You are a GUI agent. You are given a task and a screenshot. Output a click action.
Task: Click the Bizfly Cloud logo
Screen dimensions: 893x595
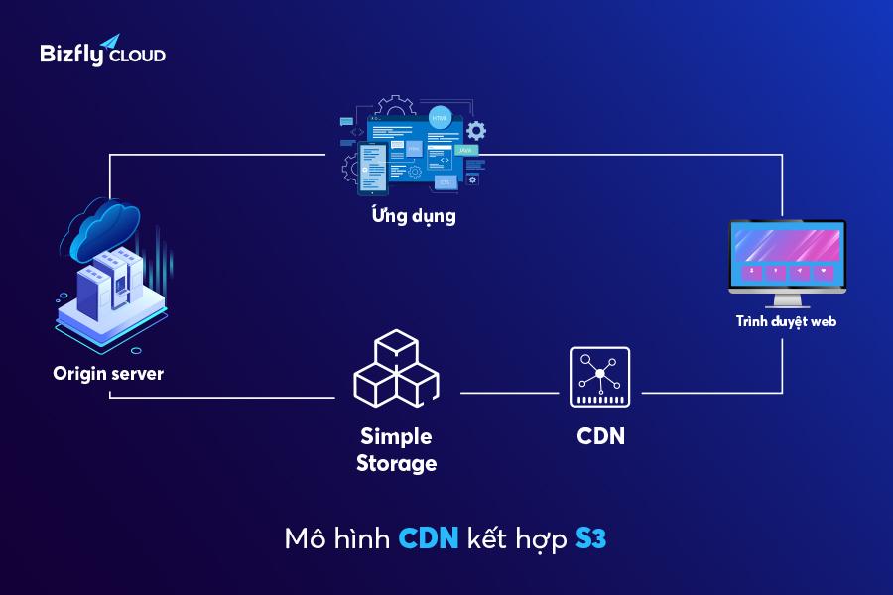click(102, 51)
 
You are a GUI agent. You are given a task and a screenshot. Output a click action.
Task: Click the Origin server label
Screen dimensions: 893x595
click(108, 374)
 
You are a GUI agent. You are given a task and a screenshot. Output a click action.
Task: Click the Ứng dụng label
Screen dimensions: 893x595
click(414, 215)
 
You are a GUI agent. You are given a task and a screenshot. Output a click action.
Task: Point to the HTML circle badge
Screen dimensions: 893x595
click(440, 118)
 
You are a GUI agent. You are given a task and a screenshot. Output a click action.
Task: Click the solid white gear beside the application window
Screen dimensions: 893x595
click(476, 131)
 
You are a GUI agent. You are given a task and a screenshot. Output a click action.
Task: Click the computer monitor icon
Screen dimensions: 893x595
click(788, 263)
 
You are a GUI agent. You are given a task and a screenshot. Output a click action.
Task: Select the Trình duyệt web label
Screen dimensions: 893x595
click(787, 321)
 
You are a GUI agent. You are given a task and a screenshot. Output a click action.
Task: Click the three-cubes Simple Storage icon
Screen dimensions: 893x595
click(396, 368)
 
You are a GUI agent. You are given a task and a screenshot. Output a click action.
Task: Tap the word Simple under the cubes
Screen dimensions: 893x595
click(396, 436)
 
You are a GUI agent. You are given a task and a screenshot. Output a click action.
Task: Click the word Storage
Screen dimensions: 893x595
click(396, 463)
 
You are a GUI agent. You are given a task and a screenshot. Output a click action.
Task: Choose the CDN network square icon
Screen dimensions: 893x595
click(599, 377)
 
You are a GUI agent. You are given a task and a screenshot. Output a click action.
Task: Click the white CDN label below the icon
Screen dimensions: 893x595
click(601, 436)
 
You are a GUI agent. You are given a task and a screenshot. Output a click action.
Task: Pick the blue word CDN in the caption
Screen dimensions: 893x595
click(429, 538)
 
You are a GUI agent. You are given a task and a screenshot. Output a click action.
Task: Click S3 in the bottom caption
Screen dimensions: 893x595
click(591, 538)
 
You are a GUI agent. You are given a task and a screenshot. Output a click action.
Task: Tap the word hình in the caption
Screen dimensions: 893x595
click(361, 538)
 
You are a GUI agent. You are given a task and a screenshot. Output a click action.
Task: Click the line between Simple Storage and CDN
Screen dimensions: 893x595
click(510, 393)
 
